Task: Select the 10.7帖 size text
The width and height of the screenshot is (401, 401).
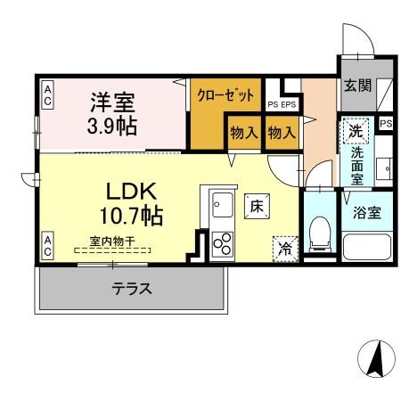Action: tap(132, 216)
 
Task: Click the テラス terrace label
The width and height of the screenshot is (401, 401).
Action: tap(130, 289)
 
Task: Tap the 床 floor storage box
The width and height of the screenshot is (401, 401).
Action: tap(256, 207)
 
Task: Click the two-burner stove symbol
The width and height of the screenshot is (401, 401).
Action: tap(221, 243)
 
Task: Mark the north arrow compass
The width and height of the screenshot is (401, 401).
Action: tap(375, 360)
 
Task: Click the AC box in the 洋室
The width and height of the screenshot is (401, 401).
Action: tap(46, 94)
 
